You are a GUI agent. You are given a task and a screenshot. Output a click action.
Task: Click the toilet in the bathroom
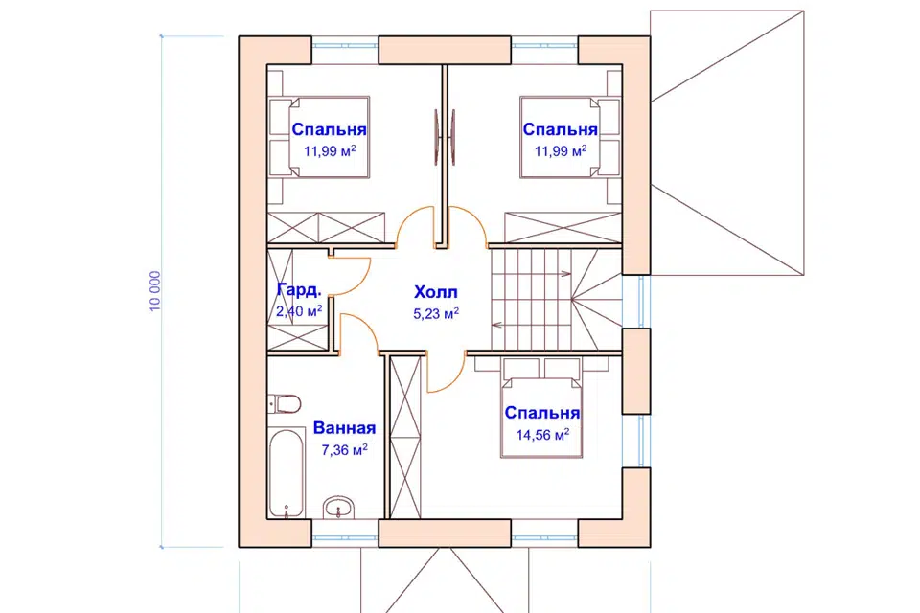pyautogui.click(x=285, y=403)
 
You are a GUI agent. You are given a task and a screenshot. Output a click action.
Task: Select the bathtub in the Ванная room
pyautogui.click(x=287, y=473)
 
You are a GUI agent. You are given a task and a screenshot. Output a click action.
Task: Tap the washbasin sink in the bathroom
pyautogui.click(x=339, y=508)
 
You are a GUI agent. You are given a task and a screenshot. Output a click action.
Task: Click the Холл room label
pyautogui.click(x=436, y=292)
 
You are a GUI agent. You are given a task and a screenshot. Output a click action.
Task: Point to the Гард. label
pyautogui.click(x=299, y=290)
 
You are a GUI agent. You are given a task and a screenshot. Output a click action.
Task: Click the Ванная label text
pyautogui.click(x=344, y=427)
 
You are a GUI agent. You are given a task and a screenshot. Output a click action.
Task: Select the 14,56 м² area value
pyautogui.click(x=542, y=435)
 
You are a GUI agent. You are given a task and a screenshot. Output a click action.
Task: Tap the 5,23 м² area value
pyautogui.click(x=436, y=314)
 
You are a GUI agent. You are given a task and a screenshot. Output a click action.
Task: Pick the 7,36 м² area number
pyautogui.click(x=344, y=450)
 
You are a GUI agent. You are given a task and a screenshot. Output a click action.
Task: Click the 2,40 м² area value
pyautogui.click(x=299, y=311)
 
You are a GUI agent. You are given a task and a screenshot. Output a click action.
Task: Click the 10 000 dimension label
pyautogui.click(x=155, y=291)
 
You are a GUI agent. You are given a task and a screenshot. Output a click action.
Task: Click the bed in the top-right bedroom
pyautogui.click(x=569, y=137)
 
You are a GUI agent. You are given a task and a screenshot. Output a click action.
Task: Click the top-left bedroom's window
pyautogui.click(x=344, y=45)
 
